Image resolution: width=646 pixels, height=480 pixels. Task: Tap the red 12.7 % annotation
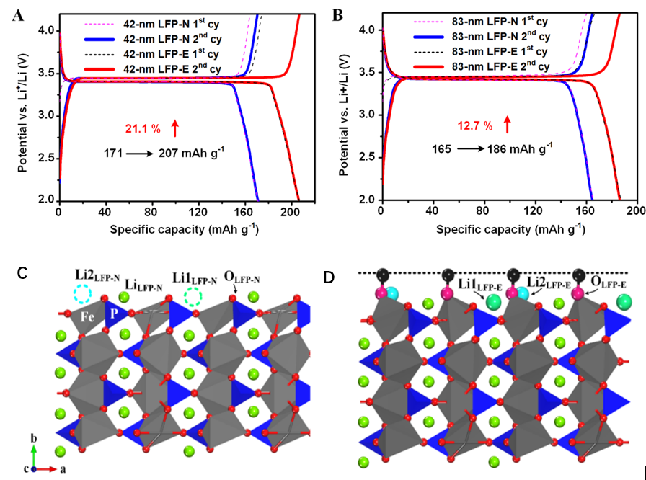[474, 125]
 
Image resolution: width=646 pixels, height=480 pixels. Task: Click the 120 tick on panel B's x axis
[534, 211]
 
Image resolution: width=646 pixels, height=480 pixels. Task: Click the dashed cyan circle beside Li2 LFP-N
[81, 293]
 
